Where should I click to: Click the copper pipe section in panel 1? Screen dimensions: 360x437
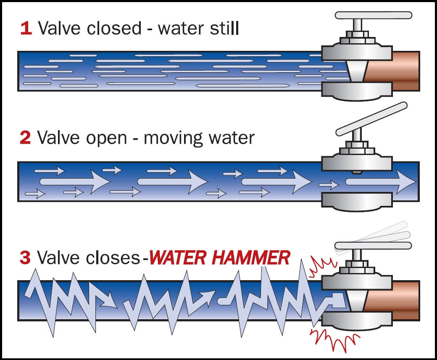[405, 71]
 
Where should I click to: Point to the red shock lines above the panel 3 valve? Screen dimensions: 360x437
[322, 269]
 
